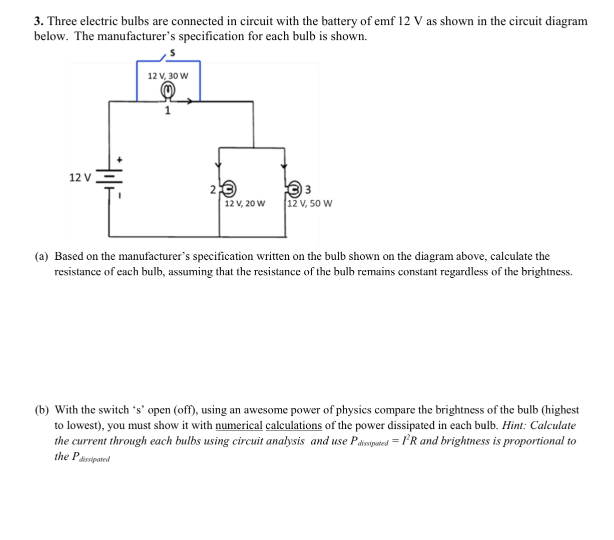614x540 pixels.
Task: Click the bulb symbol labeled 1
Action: [168, 91]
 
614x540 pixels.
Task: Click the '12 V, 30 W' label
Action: [168, 76]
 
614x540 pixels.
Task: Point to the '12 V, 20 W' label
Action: [245, 204]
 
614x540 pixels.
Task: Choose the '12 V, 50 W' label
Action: [310, 204]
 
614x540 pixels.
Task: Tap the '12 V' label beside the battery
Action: [80, 177]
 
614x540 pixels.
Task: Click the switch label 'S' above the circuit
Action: [173, 52]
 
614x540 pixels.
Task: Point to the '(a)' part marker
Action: [42, 257]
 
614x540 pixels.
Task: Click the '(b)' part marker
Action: [42, 410]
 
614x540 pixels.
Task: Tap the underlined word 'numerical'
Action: [239, 426]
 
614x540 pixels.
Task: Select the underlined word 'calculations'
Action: [293, 426]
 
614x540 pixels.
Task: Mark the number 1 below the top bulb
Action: [168, 111]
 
